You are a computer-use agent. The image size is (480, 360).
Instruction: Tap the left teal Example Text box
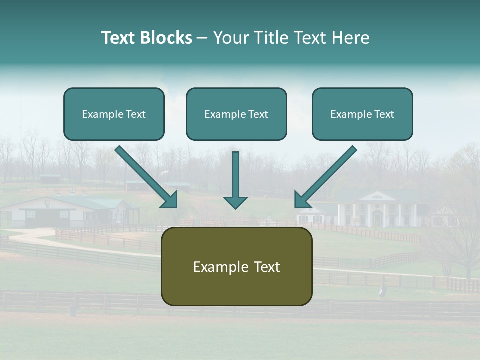114,114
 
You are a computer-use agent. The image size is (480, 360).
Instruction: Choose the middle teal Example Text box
236,114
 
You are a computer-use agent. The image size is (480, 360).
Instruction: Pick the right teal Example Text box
362,114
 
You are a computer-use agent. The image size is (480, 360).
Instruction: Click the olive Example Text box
236,267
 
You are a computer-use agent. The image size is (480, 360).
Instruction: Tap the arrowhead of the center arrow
235,202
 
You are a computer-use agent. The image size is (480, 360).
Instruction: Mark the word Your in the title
231,38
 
